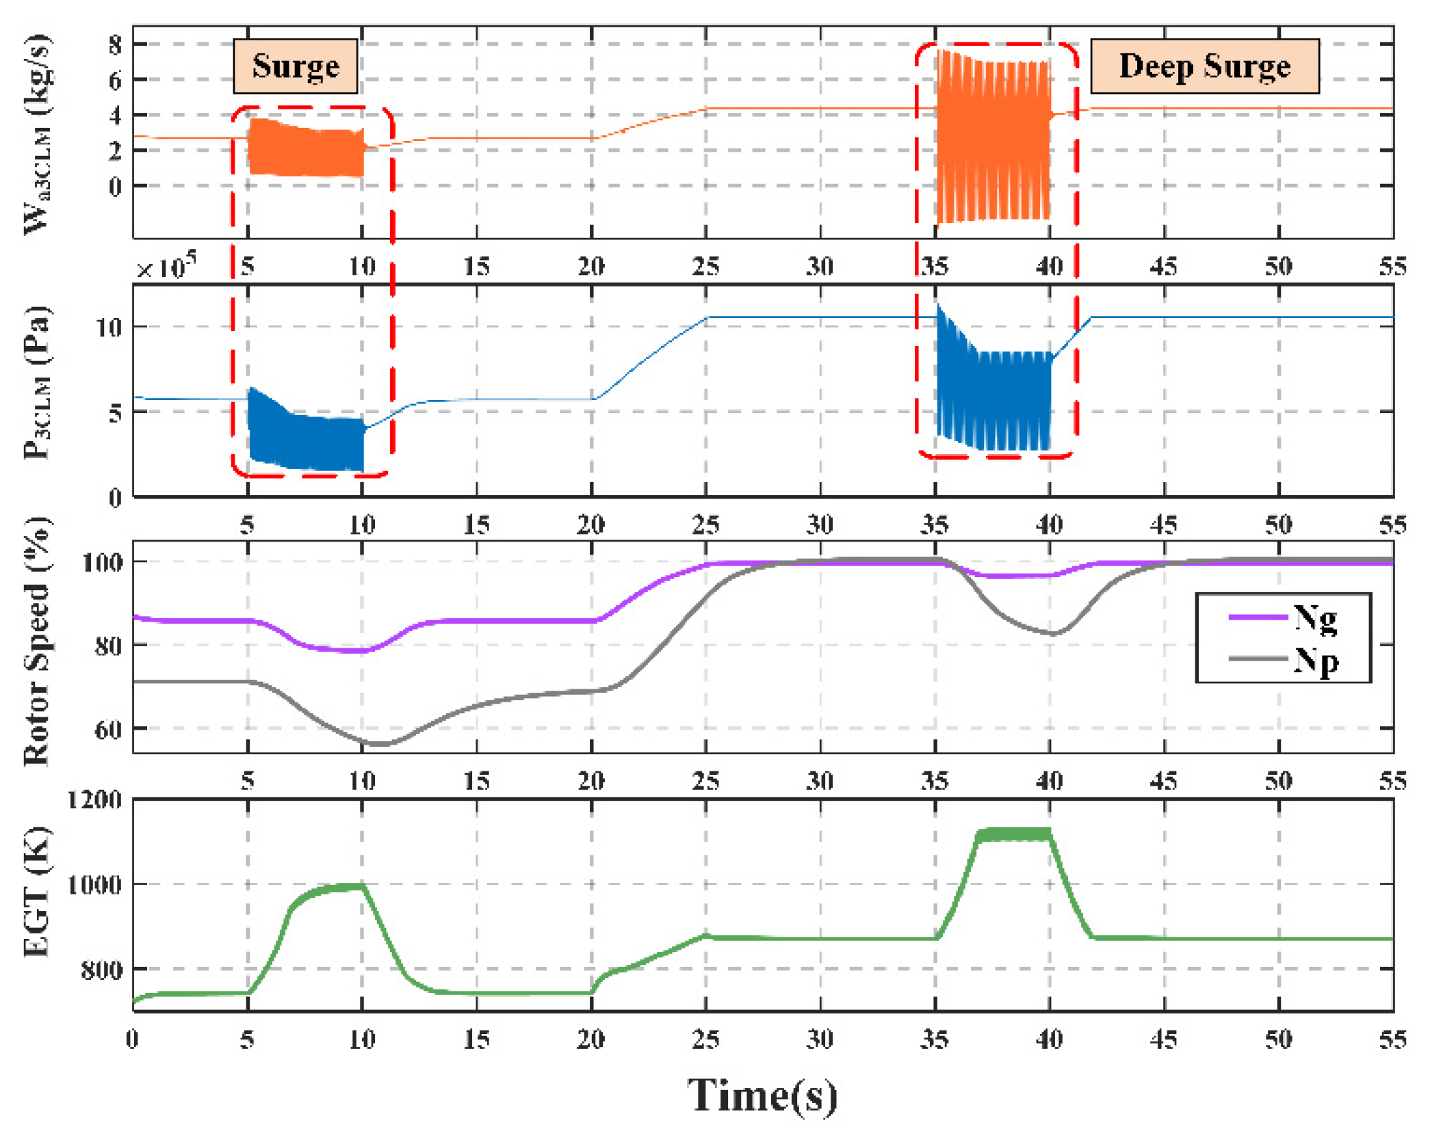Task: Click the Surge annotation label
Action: (x=295, y=66)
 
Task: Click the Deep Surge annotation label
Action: (x=1204, y=66)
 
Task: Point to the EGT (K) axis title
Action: (x=37, y=893)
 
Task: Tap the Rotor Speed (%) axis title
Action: (x=37, y=641)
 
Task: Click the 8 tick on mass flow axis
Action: (x=115, y=45)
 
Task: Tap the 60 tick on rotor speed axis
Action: (x=108, y=730)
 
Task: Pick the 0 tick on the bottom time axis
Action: (x=132, y=1040)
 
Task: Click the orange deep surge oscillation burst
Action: (x=992, y=137)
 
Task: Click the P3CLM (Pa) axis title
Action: (x=37, y=383)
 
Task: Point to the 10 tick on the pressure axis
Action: (x=108, y=327)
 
